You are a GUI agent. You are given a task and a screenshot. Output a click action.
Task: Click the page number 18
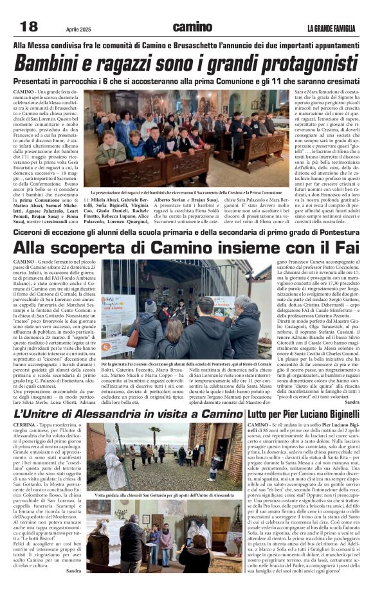pyautogui.click(x=29, y=26)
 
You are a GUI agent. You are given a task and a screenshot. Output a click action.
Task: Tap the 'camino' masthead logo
pyautogui.click(x=192, y=27)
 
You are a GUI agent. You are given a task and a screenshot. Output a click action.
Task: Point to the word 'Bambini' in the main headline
pyautogui.click(x=50, y=64)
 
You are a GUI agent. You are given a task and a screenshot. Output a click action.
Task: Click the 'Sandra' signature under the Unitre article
pyautogui.click(x=73, y=570)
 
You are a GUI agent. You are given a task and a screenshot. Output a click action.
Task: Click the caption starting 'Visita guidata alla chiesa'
pyautogui.click(x=164, y=495)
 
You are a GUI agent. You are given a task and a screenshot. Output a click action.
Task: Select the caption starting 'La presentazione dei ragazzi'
pyautogui.click(x=186, y=192)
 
